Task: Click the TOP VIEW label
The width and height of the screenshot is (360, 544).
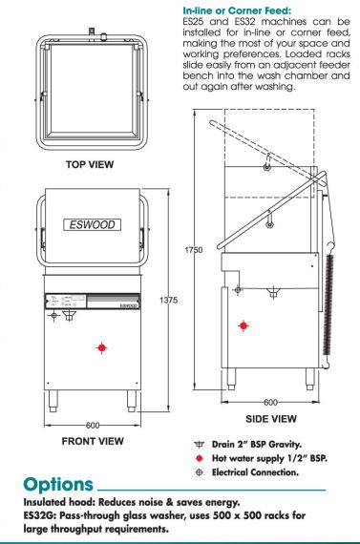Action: click(x=90, y=164)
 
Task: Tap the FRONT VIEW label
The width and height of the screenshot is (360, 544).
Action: click(x=93, y=441)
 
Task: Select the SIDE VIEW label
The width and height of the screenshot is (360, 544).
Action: click(x=271, y=419)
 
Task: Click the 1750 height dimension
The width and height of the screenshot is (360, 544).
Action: click(x=193, y=250)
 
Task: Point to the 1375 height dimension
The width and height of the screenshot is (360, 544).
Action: click(x=168, y=300)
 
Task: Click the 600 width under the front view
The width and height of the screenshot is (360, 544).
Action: click(x=93, y=425)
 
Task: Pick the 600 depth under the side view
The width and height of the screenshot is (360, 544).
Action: click(x=270, y=402)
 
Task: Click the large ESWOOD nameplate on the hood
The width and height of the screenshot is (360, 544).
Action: click(x=93, y=225)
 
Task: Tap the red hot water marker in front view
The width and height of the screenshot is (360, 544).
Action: click(x=101, y=347)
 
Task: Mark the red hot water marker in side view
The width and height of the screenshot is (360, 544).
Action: click(x=244, y=325)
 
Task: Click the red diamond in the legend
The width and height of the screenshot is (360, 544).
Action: click(x=200, y=458)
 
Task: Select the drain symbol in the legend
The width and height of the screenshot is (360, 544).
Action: click(x=200, y=445)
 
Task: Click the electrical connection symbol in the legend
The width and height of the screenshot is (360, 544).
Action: click(x=200, y=472)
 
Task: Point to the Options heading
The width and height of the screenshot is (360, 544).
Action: click(x=58, y=485)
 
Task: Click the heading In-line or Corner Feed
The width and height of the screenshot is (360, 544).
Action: click(x=237, y=10)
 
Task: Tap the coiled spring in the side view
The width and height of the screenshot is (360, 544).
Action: click(x=328, y=305)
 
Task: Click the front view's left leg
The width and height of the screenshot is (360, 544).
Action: click(x=53, y=401)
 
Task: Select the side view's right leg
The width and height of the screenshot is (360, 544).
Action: click(x=310, y=379)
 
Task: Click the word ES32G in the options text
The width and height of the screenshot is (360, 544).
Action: click(x=38, y=515)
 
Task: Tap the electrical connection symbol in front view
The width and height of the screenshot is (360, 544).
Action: click(x=53, y=315)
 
